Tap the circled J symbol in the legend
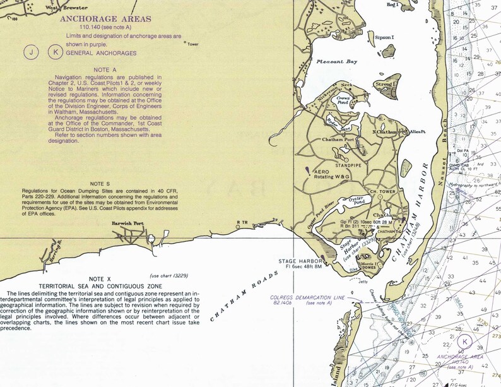click(x=30, y=53)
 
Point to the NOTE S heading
click(x=100, y=184)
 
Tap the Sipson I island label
click(x=384, y=38)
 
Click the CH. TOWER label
click(x=381, y=191)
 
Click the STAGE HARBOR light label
click(x=302, y=260)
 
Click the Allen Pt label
click(x=418, y=131)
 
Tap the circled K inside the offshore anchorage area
click(x=465, y=342)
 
